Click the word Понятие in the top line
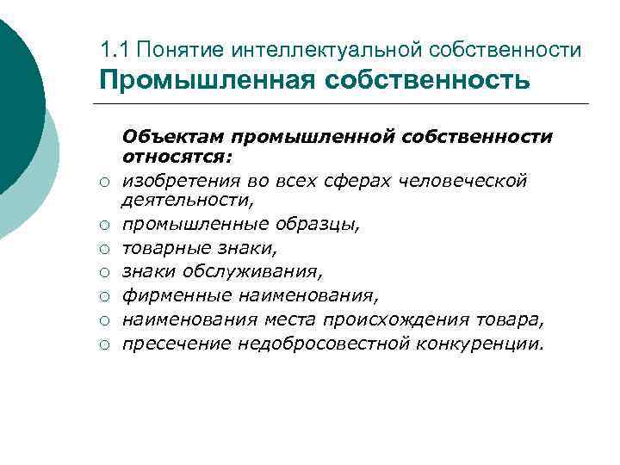click(x=170, y=50)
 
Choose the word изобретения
click(x=174, y=180)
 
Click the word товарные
click(x=161, y=248)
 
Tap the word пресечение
click(x=172, y=344)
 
